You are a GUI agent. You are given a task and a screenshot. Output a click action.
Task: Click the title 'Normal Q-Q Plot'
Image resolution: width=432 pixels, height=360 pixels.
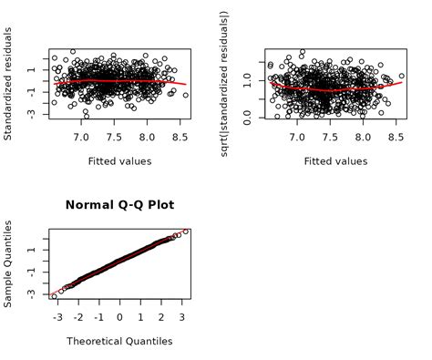pos(119,205)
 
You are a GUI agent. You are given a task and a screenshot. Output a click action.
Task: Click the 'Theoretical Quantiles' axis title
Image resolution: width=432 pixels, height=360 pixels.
pos(119,342)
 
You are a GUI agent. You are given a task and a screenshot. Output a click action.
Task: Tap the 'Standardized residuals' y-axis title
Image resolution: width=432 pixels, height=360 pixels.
pos(8,83)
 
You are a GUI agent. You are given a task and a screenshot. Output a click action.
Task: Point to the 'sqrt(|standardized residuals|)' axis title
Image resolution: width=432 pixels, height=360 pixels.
pos(225,83)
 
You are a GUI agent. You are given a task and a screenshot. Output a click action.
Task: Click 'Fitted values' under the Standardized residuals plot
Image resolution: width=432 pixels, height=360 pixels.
pos(119,161)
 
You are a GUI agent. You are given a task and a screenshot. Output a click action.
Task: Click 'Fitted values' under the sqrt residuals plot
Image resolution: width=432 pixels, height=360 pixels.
pos(335,161)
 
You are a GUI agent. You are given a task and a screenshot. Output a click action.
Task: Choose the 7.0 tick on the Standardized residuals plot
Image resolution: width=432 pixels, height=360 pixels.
pos(81,137)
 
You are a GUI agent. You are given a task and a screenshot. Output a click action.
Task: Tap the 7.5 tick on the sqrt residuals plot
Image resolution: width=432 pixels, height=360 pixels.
pos(330,137)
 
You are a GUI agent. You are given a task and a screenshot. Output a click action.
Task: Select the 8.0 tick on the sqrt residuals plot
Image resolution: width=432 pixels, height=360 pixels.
pos(363,137)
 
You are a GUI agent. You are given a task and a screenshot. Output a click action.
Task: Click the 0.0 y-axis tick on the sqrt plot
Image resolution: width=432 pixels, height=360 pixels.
pos(247,116)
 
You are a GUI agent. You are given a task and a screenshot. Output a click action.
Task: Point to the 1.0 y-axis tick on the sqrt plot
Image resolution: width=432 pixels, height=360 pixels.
pos(247,82)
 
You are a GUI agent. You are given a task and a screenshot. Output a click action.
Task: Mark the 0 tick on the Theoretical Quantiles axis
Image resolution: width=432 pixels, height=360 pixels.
pos(119,317)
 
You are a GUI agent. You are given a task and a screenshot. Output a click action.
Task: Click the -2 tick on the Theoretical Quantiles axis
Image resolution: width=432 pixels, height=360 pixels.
pos(78,317)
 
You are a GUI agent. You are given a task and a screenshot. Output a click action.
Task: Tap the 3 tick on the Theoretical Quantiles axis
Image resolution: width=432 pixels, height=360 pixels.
pos(181,317)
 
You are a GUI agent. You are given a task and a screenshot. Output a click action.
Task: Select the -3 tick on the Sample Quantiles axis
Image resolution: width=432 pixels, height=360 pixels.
pos(31,293)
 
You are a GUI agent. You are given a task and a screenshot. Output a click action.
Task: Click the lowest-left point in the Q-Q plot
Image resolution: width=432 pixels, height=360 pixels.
pos(54,296)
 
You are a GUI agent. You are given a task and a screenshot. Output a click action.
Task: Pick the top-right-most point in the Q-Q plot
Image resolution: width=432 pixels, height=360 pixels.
pos(185,231)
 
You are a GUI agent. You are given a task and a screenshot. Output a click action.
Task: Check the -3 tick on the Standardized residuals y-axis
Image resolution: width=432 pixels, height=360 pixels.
pos(31,113)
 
